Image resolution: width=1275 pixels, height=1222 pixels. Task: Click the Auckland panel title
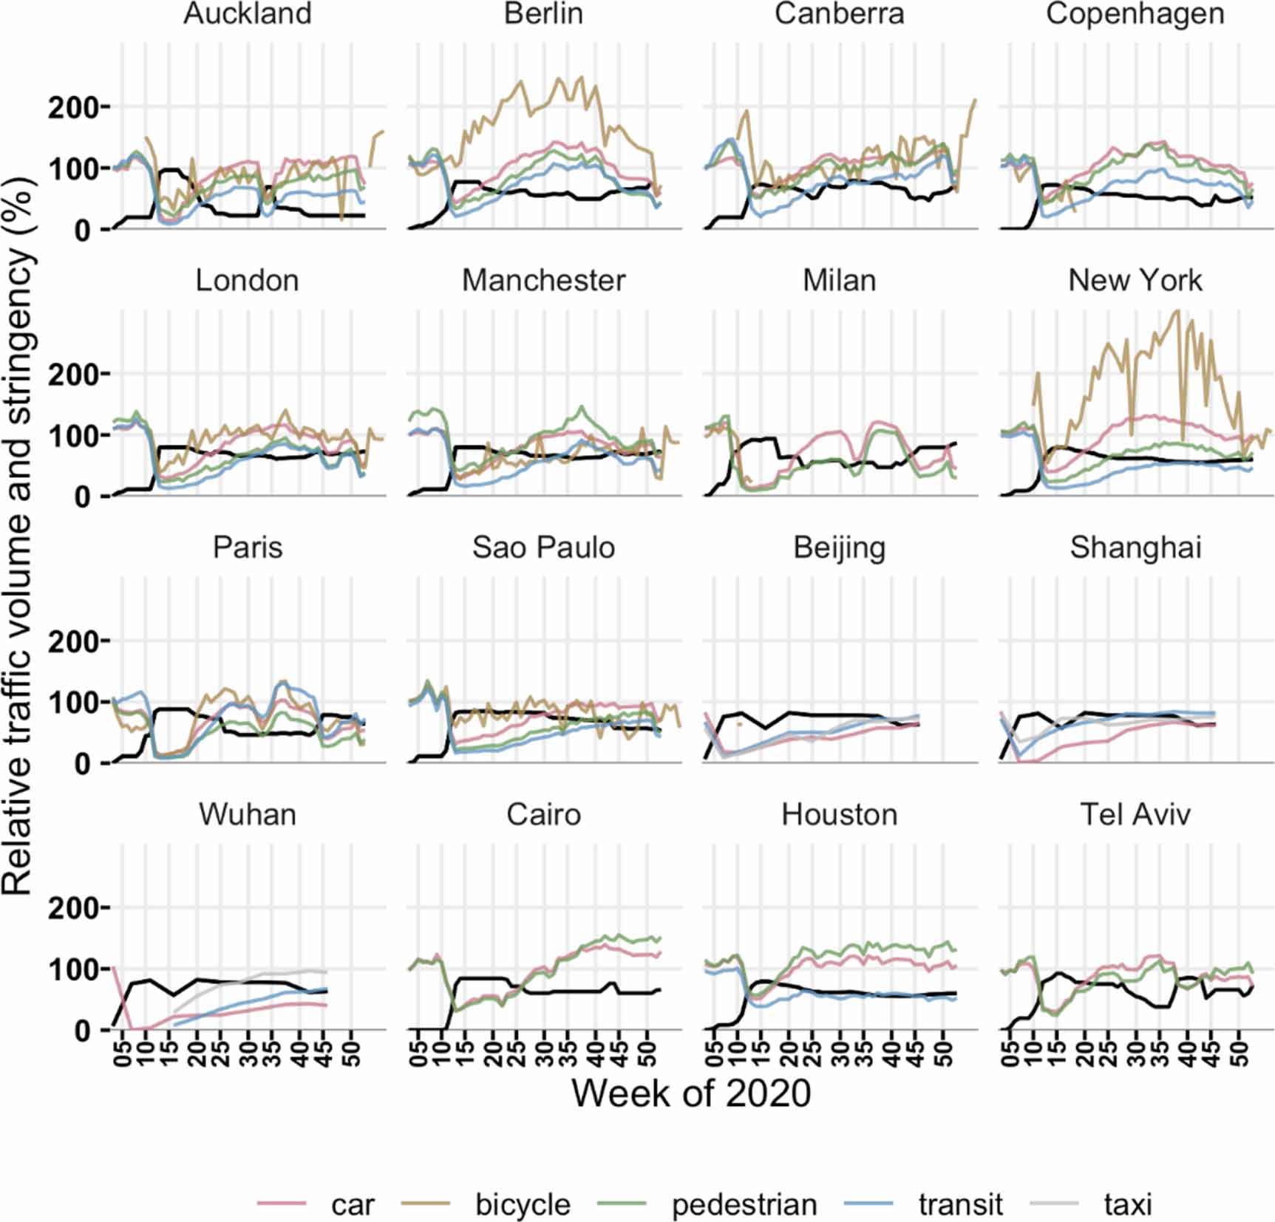248,14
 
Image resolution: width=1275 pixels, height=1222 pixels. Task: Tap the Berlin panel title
543,14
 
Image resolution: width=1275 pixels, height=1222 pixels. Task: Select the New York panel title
1135,281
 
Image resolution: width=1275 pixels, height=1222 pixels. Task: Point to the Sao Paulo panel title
543,547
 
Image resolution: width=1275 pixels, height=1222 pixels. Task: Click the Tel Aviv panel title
1135,814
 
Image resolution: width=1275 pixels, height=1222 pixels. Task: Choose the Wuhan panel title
248,814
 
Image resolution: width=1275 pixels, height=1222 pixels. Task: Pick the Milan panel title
839,281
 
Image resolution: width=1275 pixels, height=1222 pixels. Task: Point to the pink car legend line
282,1204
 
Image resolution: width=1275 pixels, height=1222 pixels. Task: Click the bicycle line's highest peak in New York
1177,311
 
